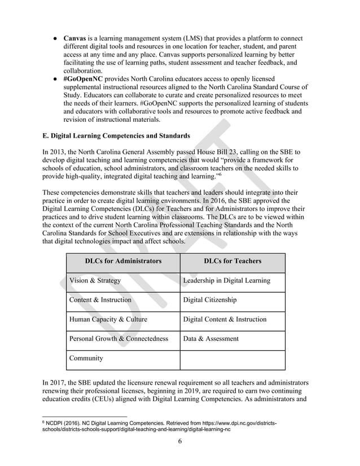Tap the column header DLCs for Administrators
point(122,261)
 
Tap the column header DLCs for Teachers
point(232,261)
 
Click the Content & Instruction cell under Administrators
point(100,300)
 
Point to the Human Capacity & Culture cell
point(108,319)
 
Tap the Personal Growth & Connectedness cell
point(118,338)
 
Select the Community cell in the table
point(86,358)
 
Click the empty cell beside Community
point(232,359)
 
